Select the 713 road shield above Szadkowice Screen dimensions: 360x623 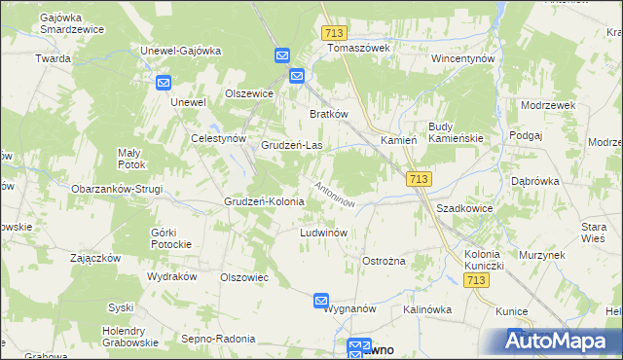pos(419,179)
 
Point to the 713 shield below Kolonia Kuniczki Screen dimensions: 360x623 pos(476,280)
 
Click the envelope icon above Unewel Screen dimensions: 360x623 pos(164,84)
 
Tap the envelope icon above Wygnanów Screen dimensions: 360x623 pos(322,302)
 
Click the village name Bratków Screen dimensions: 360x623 pos(329,114)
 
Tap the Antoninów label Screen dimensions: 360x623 pos(334,194)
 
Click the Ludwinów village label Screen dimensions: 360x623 pos(323,234)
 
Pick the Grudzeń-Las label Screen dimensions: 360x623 pos(292,145)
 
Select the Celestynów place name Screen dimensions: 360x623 pos(216,138)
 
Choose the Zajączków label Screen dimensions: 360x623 pos(95,259)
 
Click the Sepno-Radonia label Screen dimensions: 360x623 pos(218,339)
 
